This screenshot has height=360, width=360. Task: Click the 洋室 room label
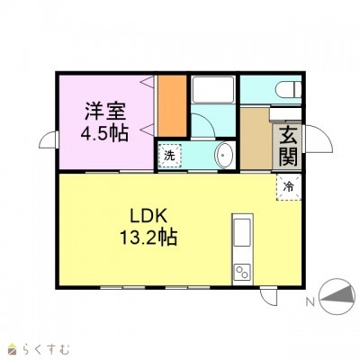(105, 112)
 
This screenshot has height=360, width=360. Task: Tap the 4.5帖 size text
(104, 133)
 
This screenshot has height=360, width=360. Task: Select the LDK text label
(148, 216)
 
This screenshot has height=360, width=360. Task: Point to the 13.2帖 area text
(148, 238)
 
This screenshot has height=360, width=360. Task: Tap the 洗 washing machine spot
(170, 156)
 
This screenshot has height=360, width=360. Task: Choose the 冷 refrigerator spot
(288, 187)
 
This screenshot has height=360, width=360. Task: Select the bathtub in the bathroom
(213, 89)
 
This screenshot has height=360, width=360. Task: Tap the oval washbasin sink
(224, 156)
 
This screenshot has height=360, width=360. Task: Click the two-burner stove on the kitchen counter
(242, 273)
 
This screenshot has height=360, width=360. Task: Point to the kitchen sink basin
(242, 232)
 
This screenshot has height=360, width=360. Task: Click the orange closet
(173, 105)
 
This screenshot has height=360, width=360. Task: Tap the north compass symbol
(335, 297)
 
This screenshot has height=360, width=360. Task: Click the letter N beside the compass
(310, 302)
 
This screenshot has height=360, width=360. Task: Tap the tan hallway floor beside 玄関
(256, 138)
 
